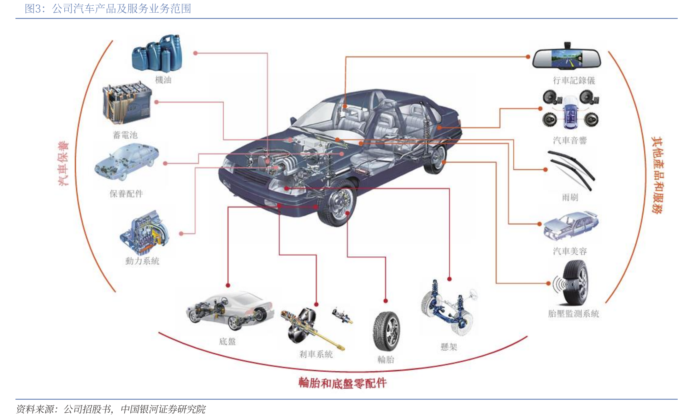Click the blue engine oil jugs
click(157, 53)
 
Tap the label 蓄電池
click(125, 135)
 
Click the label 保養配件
click(126, 194)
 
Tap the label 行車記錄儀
click(574, 81)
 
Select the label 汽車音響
click(570, 141)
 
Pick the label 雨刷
click(570, 198)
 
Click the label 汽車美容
click(570, 251)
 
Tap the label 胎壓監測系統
click(573, 314)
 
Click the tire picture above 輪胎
click(386, 331)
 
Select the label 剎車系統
click(316, 354)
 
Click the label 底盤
click(227, 342)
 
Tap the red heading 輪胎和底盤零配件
click(342, 383)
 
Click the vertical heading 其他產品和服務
click(657, 175)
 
